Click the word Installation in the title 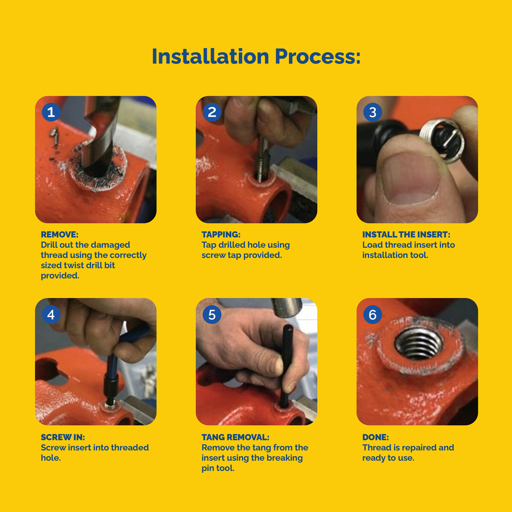pyautogui.click(x=210, y=56)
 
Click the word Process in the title pyautogui.click(x=315, y=57)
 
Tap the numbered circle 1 pyautogui.click(x=51, y=112)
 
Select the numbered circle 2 pyautogui.click(x=212, y=112)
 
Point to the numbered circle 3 pyautogui.click(x=373, y=112)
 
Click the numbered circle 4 pyautogui.click(x=51, y=315)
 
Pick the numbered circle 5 pyautogui.click(x=212, y=315)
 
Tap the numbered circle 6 pyautogui.click(x=373, y=315)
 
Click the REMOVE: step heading pyautogui.click(x=60, y=234)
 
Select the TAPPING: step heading pyautogui.click(x=221, y=234)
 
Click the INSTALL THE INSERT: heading pyautogui.click(x=406, y=234)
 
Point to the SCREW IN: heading pyautogui.click(x=63, y=437)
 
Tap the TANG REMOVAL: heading pyautogui.click(x=235, y=437)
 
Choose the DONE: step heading pyautogui.click(x=375, y=437)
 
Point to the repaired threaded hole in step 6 pyautogui.click(x=418, y=345)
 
